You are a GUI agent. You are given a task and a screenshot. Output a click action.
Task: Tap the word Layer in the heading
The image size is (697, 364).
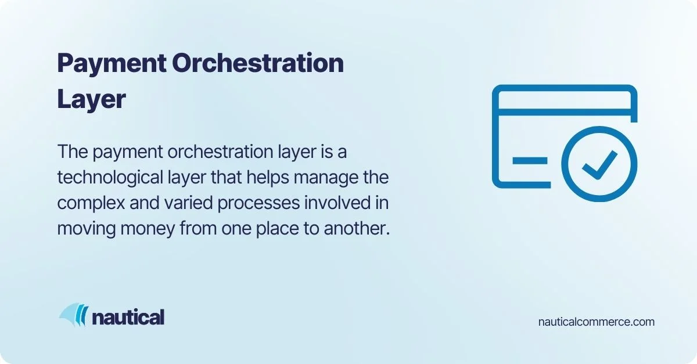[91, 99]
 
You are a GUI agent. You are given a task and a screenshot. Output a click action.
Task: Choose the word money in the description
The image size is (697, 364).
[143, 229]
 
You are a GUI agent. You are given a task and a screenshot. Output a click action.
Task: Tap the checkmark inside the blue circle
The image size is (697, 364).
[600, 165]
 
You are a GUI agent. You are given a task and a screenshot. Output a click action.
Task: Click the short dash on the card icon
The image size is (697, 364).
[529, 160]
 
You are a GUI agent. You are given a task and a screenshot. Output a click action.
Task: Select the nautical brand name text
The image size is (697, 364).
[128, 317]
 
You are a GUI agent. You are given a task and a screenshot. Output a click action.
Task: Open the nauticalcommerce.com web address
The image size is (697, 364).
[597, 321]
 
